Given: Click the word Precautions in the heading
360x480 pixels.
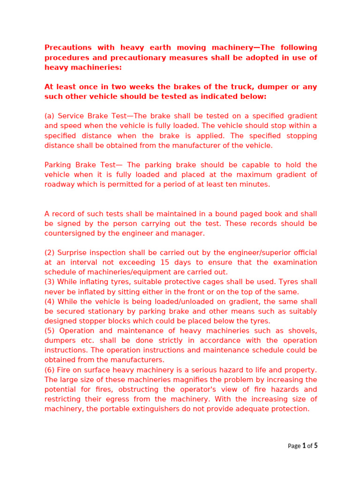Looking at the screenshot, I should [x=67, y=47].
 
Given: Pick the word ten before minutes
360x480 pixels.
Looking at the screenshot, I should [x=236, y=184].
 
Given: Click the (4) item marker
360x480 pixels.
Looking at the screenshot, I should [x=50, y=301].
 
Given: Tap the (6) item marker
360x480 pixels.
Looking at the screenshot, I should [x=50, y=370].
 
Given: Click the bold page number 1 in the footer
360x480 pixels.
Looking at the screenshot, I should [x=304, y=446].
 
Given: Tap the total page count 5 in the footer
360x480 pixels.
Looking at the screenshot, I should [x=315, y=446].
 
